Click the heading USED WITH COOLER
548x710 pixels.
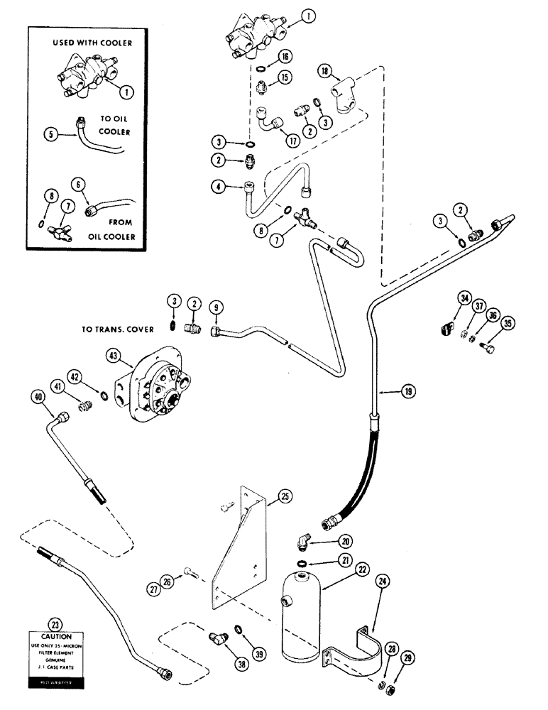tap(92, 43)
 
